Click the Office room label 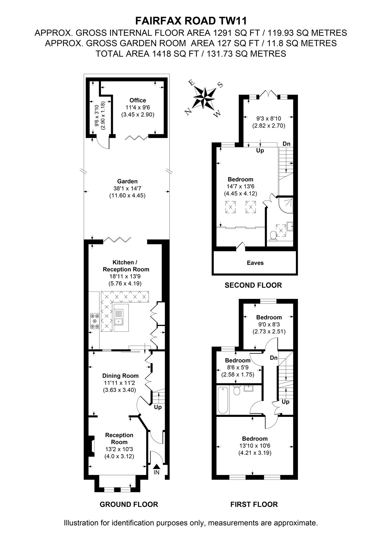point(137,100)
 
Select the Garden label point(127,181)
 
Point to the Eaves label point(255,263)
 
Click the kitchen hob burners point(95,321)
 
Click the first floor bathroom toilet point(236,390)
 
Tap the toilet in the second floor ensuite point(273,235)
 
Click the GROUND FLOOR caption point(129,504)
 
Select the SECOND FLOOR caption point(253,285)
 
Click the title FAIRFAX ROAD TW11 point(191,21)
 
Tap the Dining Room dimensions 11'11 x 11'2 point(120,382)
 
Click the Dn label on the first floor point(274,358)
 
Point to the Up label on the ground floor point(158,407)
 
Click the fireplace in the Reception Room point(91,446)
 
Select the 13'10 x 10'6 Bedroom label point(255,446)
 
